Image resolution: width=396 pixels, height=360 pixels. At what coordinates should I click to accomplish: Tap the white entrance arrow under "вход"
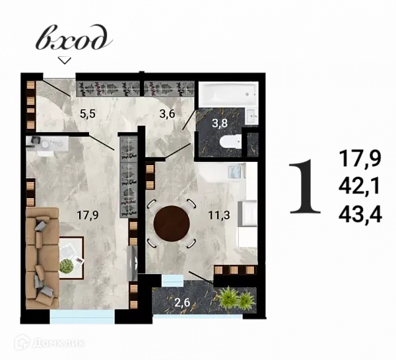[64, 60]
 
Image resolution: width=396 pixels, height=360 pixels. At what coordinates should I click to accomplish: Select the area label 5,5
[88, 113]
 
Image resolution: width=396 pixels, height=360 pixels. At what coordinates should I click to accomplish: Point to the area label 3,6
[167, 113]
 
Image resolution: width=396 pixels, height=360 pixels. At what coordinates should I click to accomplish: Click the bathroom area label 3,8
[221, 122]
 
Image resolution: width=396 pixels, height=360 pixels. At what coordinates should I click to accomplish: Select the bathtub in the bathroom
[228, 94]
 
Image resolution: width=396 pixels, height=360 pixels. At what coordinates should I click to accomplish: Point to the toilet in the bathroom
[230, 141]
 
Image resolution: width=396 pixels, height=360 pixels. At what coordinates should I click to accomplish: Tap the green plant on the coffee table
[67, 265]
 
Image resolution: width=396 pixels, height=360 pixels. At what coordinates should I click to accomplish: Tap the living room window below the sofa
[82, 317]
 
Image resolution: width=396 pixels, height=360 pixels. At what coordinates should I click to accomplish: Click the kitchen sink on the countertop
[236, 172]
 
